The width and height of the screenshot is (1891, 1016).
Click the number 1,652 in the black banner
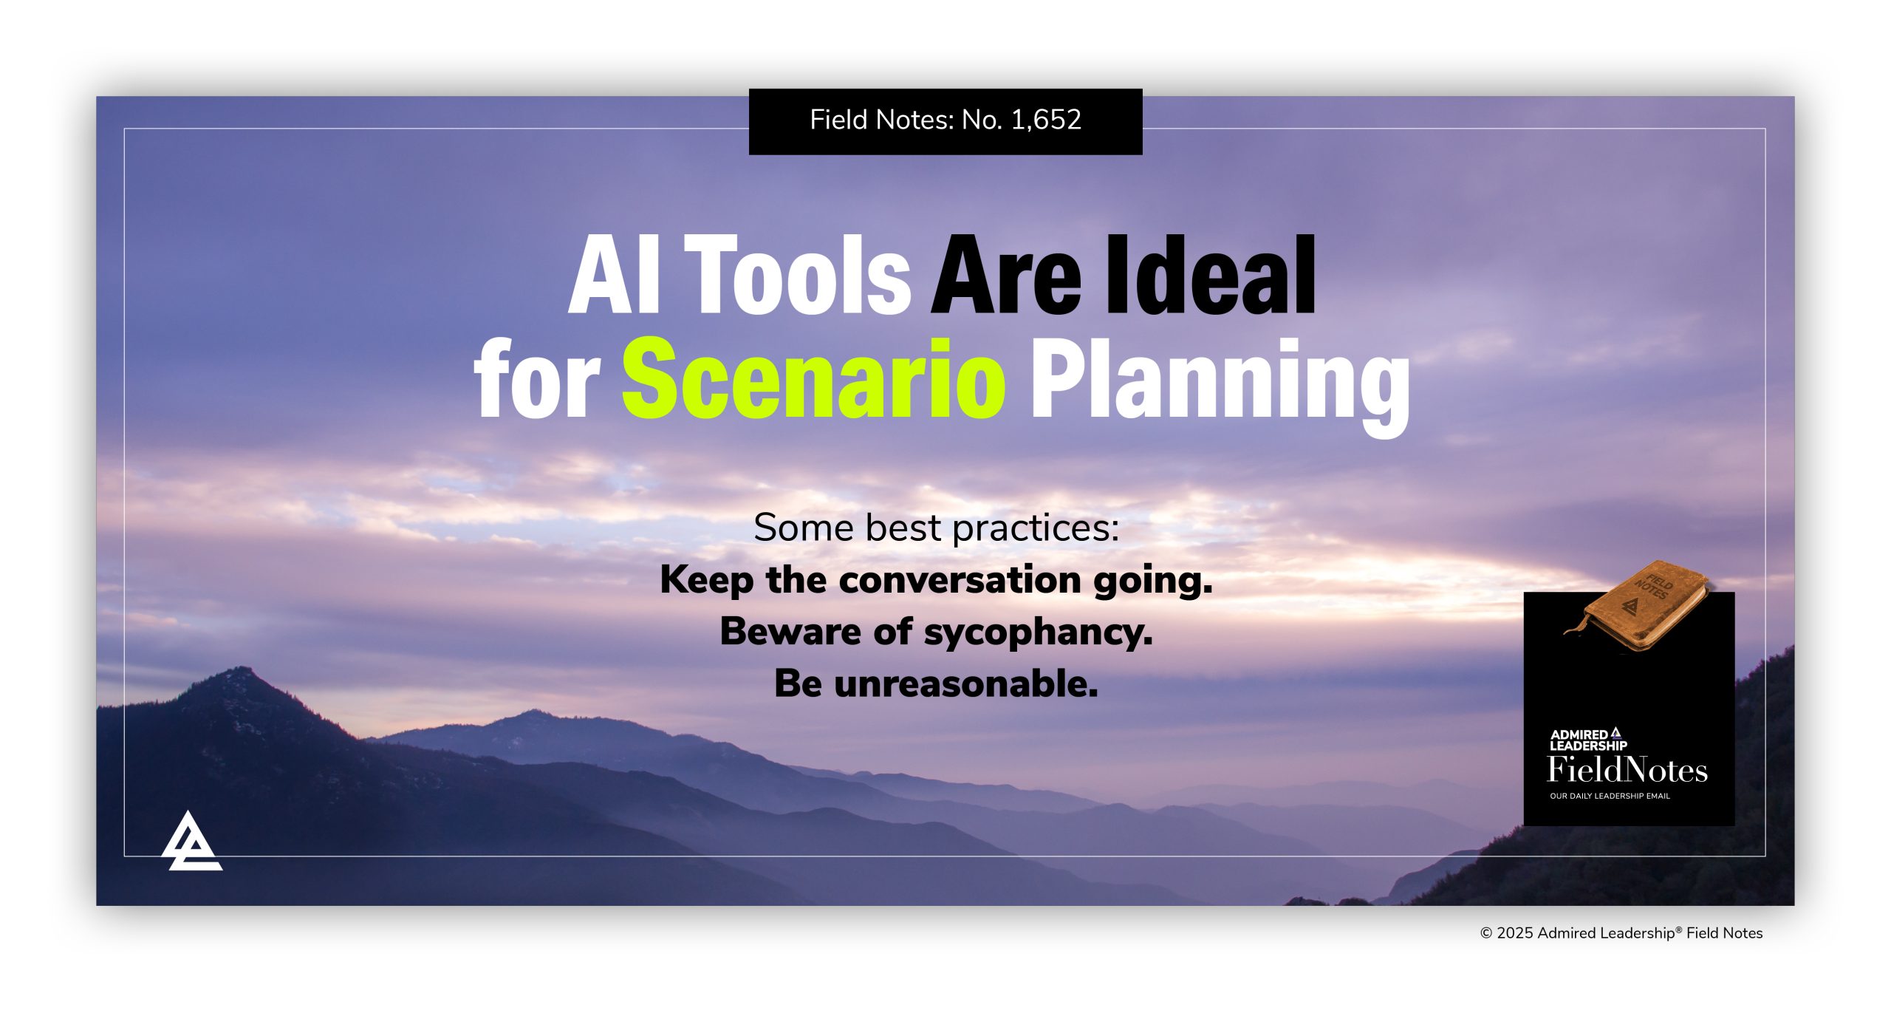tap(1045, 120)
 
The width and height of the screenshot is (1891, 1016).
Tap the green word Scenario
tap(813, 378)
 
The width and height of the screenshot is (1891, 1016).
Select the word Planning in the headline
tap(1220, 381)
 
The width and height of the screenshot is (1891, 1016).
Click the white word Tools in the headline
tap(799, 275)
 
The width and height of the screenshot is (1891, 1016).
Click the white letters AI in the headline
tap(613, 275)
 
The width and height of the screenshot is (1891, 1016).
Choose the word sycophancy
tap(1037, 633)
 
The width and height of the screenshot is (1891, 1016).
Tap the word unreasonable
tap(965, 684)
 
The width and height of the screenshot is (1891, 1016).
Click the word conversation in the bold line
tap(961, 580)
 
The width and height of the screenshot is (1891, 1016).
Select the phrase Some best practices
tap(936, 528)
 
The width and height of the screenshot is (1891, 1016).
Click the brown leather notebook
tap(1641, 606)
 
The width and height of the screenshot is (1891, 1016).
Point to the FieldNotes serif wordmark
tap(1627, 770)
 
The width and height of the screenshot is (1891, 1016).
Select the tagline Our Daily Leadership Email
tap(1610, 796)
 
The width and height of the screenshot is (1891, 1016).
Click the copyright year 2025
tap(1515, 933)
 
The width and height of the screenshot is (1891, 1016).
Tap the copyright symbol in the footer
tap(1486, 933)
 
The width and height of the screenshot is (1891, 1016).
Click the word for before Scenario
tap(537, 381)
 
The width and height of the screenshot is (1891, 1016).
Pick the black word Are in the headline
tap(1006, 275)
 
